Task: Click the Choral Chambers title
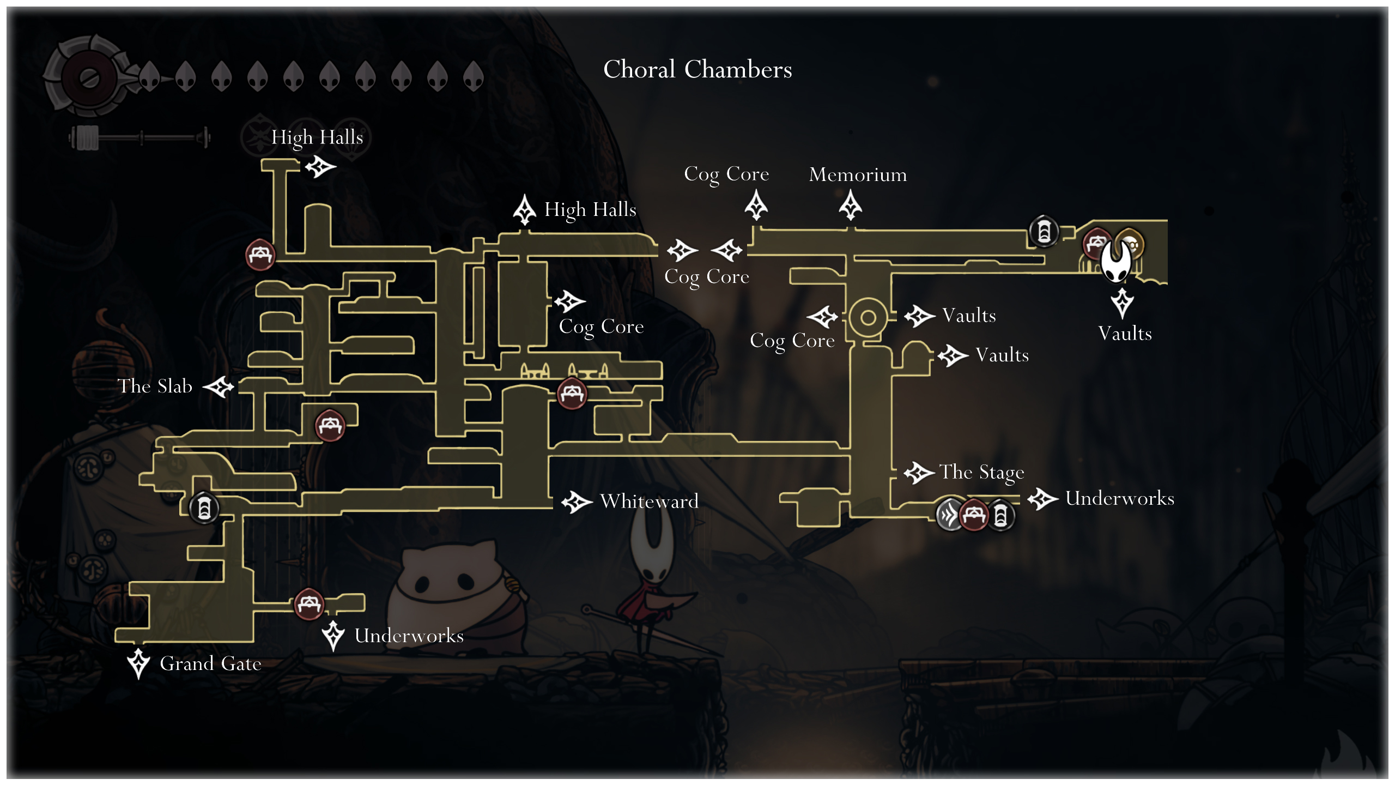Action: [697, 69]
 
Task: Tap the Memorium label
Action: [858, 174]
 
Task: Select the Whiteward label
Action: [649, 501]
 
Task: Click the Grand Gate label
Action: [210, 663]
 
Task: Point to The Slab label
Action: [155, 386]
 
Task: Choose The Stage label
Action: [981, 472]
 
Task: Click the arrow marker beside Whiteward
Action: [576, 502]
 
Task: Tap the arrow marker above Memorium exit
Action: [850, 206]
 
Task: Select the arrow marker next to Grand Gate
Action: [138, 663]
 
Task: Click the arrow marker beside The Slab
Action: [219, 387]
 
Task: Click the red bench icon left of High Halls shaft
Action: [260, 255]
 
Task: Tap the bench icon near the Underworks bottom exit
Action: [309, 603]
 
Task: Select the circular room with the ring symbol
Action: [868, 317]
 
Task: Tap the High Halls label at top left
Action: [317, 137]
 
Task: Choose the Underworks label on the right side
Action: [1119, 498]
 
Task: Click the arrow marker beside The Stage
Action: [919, 473]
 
